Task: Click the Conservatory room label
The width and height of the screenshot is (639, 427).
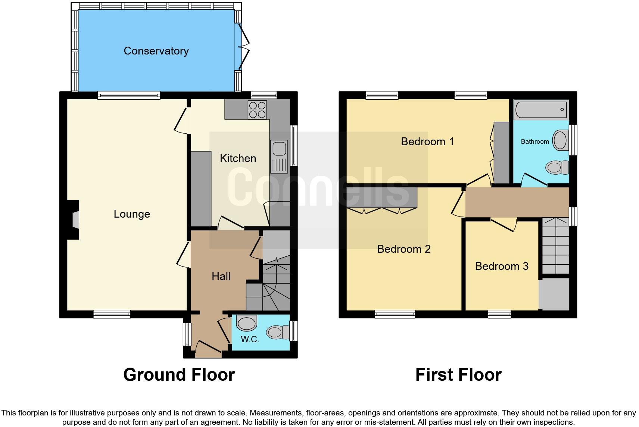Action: click(x=156, y=51)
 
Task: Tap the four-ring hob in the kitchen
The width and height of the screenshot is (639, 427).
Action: click(x=257, y=110)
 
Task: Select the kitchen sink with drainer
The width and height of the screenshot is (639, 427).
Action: click(x=280, y=157)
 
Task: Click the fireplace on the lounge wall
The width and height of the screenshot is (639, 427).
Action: click(x=75, y=220)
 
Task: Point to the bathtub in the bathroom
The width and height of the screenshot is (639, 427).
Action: click(x=541, y=110)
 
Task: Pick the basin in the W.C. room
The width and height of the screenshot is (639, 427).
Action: click(x=247, y=323)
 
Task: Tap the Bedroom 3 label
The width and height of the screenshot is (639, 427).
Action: click(x=502, y=266)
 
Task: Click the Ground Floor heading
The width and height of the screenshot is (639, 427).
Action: click(x=179, y=375)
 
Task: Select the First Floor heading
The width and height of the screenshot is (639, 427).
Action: click(x=458, y=375)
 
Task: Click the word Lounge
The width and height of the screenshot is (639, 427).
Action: click(x=132, y=214)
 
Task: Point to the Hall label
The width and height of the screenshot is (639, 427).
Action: click(x=221, y=276)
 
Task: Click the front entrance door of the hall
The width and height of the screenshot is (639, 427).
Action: click(x=208, y=347)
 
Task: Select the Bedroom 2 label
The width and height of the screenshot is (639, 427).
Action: click(x=404, y=249)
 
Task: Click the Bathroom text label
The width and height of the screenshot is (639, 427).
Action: click(x=535, y=141)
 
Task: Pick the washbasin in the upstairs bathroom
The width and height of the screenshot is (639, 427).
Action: click(x=560, y=140)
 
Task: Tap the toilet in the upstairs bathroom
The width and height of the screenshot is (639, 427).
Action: click(x=557, y=168)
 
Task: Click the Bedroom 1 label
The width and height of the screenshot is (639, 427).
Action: click(x=427, y=141)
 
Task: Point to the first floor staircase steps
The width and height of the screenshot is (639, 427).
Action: click(x=555, y=246)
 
